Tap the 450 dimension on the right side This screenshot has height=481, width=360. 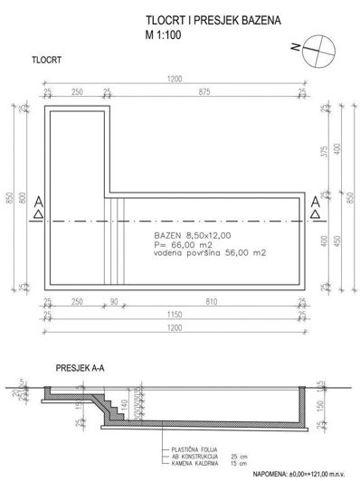(x=336, y=240)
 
